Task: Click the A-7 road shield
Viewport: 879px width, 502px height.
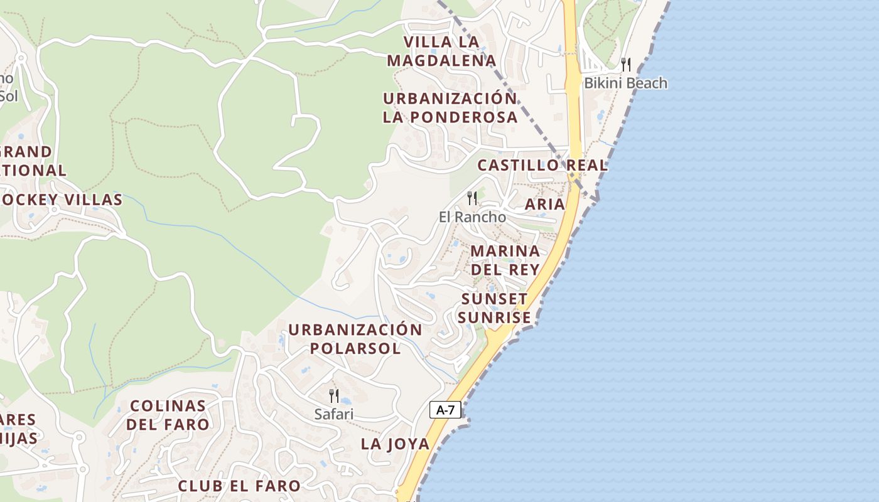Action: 445,410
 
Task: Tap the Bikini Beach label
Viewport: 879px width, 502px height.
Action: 625,83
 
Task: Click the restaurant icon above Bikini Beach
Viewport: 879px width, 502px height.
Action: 625,64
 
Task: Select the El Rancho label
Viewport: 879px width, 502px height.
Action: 472,216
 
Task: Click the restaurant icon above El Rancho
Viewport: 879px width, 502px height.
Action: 472,198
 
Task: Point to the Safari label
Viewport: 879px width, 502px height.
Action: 334,414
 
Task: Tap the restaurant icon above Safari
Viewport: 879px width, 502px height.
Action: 334,395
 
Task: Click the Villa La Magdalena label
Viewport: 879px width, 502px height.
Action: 441,51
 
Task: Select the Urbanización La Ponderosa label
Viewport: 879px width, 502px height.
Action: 450,107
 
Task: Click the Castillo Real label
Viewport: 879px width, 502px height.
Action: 542,165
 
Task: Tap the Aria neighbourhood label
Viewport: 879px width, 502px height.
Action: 544,204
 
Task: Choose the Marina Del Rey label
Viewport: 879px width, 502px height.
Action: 505,260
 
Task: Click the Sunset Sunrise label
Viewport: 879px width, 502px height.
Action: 494,308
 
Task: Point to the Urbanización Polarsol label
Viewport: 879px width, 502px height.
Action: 355,339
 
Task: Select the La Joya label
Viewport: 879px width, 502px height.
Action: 395,444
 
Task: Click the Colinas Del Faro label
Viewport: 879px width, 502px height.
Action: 168,415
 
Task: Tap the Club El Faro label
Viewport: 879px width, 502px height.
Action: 239,486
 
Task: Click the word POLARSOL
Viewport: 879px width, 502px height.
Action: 355,348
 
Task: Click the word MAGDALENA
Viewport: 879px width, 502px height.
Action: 441,60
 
